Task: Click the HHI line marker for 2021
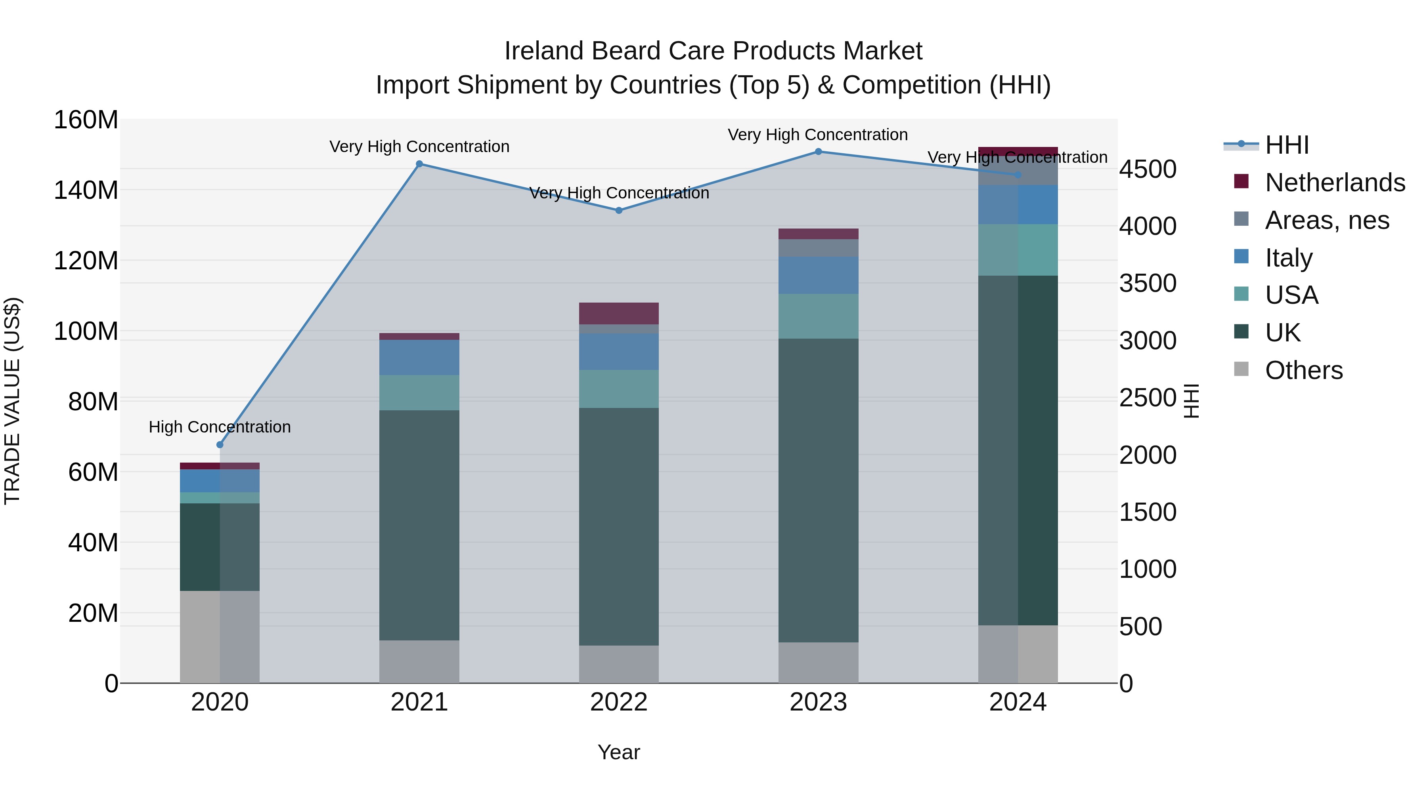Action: [x=419, y=164]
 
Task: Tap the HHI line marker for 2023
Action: [x=818, y=152]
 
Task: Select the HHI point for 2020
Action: [x=220, y=444]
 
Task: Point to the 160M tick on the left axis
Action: [x=86, y=120]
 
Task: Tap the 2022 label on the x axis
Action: [x=619, y=702]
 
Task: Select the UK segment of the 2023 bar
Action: [x=818, y=490]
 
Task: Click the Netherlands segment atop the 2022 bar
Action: [x=619, y=313]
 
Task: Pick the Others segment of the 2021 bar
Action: [x=419, y=661]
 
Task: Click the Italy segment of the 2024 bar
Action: [x=1018, y=204]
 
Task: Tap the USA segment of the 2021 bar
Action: [x=419, y=392]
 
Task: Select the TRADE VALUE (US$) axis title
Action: [x=12, y=401]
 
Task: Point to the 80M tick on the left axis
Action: [x=93, y=402]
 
